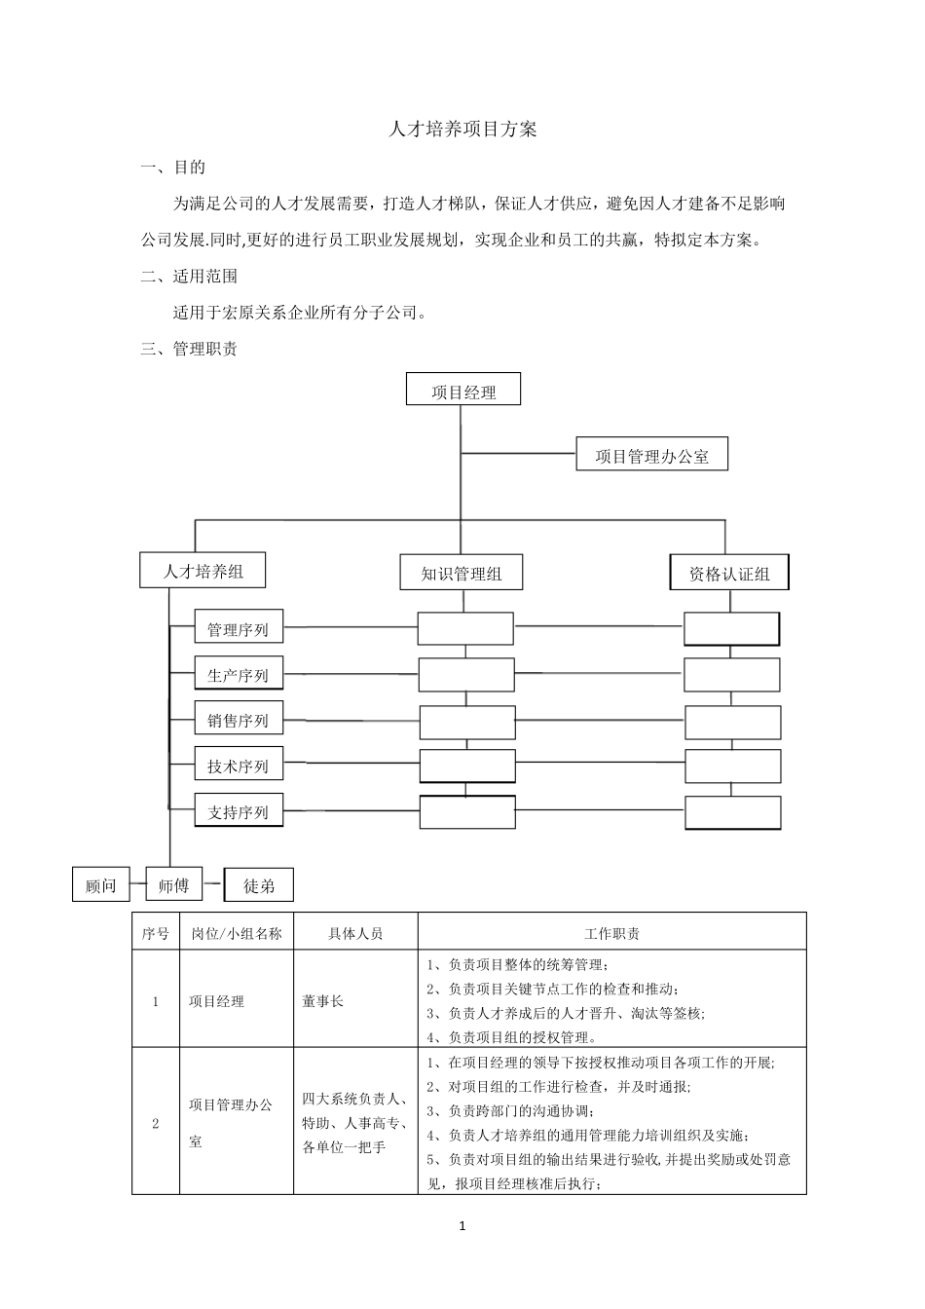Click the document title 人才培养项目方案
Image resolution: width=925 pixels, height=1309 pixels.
pyautogui.click(x=462, y=129)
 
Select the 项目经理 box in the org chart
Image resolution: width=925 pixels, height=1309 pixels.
pyautogui.click(x=463, y=392)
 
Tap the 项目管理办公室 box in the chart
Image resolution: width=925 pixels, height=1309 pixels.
pyautogui.click(x=651, y=455)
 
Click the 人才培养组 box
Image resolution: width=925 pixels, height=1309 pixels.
pyautogui.click(x=203, y=571)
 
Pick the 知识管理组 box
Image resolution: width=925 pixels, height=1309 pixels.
pyautogui.click(x=462, y=573)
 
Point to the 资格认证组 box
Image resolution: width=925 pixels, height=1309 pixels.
pyautogui.click(x=729, y=573)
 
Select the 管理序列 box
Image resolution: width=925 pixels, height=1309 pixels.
pyautogui.click(x=239, y=629)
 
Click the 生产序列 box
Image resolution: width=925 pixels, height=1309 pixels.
pyautogui.click(x=239, y=674)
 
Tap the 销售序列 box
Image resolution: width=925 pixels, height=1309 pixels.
pyautogui.click(x=239, y=720)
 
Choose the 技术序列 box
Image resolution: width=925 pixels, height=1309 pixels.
pyautogui.click(x=239, y=766)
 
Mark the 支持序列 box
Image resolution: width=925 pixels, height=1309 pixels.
pyautogui.click(x=239, y=811)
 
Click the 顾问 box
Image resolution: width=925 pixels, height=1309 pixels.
pyautogui.click(x=101, y=884)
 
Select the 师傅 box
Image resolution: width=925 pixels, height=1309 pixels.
pyautogui.click(x=173, y=884)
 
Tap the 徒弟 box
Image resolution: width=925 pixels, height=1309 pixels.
pyautogui.click(x=259, y=884)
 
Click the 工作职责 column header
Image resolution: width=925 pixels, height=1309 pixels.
pyautogui.click(x=611, y=932)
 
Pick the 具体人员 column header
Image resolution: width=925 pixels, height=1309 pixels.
pyautogui.click(x=355, y=932)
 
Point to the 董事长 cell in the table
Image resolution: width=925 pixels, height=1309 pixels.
pyautogui.click(x=323, y=1000)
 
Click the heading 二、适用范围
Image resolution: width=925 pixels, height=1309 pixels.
pyautogui.click(x=189, y=276)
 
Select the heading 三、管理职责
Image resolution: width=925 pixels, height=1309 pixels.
pyautogui.click(x=189, y=349)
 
